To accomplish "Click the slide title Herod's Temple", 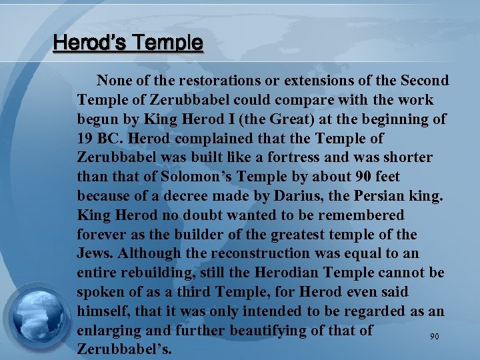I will pos(128,43).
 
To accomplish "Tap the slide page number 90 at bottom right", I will pos(434,337).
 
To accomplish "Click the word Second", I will pos(424,81).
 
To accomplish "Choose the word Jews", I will pos(94,254).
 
